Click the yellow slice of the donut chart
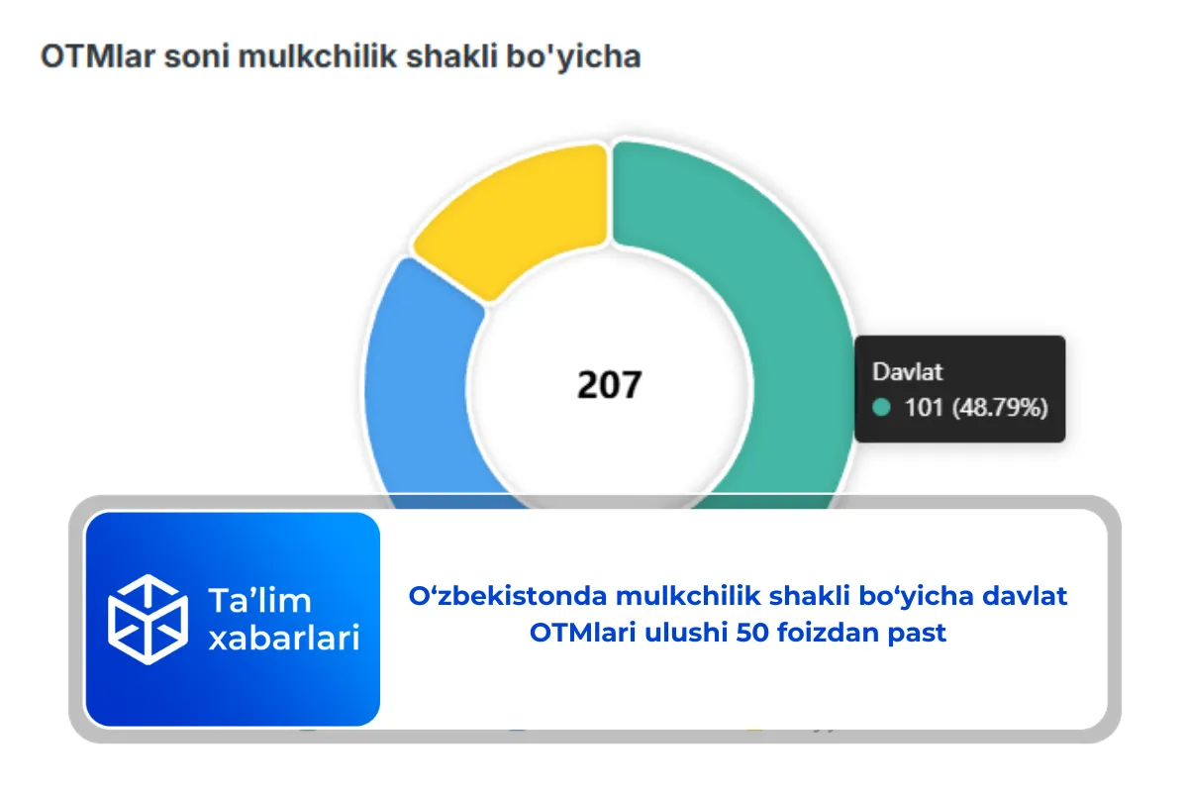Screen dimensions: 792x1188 coord(515,218)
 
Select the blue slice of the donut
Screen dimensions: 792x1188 coord(416,376)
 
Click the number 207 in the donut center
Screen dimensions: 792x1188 coord(610,385)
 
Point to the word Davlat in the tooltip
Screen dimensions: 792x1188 coord(907,372)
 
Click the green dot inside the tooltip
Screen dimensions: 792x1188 coord(882,407)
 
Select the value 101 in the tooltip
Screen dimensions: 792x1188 coord(925,407)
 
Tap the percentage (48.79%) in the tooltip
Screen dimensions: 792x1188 coord(1000,407)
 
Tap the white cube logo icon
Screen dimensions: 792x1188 coord(147,619)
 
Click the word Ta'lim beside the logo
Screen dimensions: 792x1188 coord(259,600)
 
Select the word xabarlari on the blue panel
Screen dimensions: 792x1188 coord(283,639)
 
